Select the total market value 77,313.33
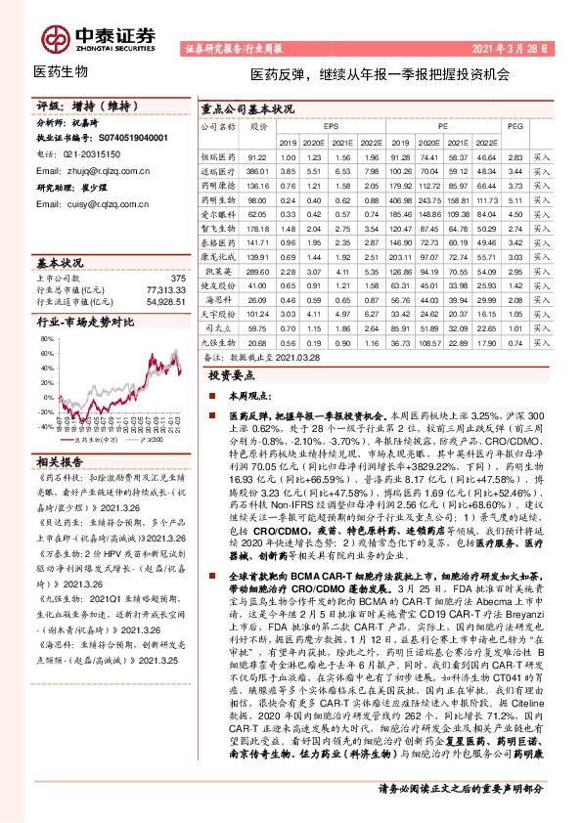click(x=163, y=290)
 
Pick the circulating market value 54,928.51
click(x=163, y=302)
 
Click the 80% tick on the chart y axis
click(x=44, y=339)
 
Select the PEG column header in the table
click(x=515, y=126)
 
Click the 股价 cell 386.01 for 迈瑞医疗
click(x=257, y=170)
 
